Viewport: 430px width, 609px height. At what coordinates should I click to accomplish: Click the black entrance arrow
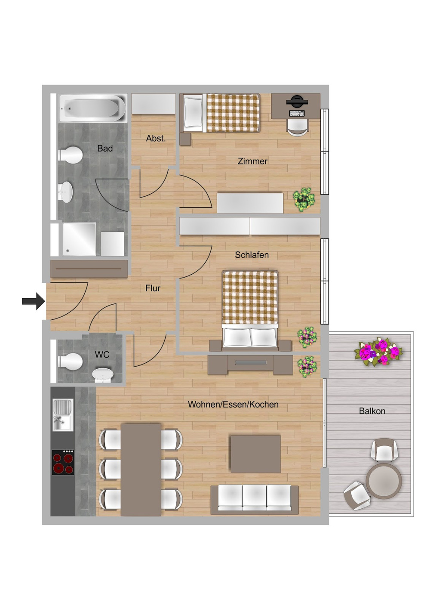[x=34, y=301]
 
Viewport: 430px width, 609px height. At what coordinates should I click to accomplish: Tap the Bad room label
[x=105, y=148]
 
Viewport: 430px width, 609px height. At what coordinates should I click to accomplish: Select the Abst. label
[x=156, y=139]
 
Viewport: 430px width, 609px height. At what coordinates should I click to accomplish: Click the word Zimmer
[x=252, y=161]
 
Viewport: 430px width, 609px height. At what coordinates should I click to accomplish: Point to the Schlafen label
[x=252, y=255]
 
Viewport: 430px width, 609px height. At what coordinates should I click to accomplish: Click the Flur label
[x=153, y=288]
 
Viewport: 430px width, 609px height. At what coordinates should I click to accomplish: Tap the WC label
[x=102, y=355]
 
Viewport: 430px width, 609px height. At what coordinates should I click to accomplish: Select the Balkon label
[x=372, y=411]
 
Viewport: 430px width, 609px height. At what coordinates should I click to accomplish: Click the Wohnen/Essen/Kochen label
[x=233, y=404]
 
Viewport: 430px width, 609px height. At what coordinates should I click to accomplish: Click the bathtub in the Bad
[x=93, y=108]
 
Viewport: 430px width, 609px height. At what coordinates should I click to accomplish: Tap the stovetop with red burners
[x=63, y=462]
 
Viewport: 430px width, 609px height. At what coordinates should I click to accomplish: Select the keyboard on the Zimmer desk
[x=297, y=113]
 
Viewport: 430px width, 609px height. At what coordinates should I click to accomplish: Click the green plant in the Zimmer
[x=304, y=199]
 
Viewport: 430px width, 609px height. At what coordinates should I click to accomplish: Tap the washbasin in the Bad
[x=65, y=192]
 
